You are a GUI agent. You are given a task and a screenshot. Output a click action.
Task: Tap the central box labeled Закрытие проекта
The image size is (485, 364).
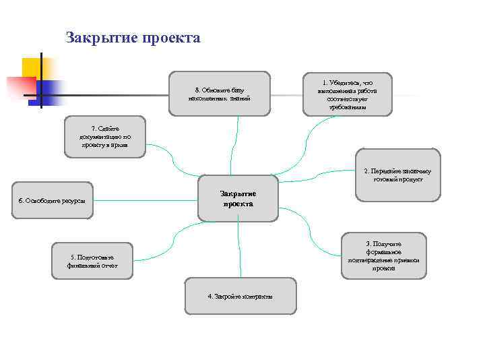237,198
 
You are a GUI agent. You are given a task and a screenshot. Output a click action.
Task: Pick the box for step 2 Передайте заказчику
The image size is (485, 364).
397,175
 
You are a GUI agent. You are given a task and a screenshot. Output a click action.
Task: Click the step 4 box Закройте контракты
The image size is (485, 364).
240,296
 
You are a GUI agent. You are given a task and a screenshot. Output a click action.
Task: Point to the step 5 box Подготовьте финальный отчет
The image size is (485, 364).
92,261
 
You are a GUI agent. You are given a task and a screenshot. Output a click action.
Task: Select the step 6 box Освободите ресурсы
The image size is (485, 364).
53,200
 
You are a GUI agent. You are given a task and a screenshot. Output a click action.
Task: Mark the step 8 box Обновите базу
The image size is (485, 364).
220,94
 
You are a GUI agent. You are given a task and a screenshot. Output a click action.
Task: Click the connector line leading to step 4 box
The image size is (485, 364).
238,249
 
